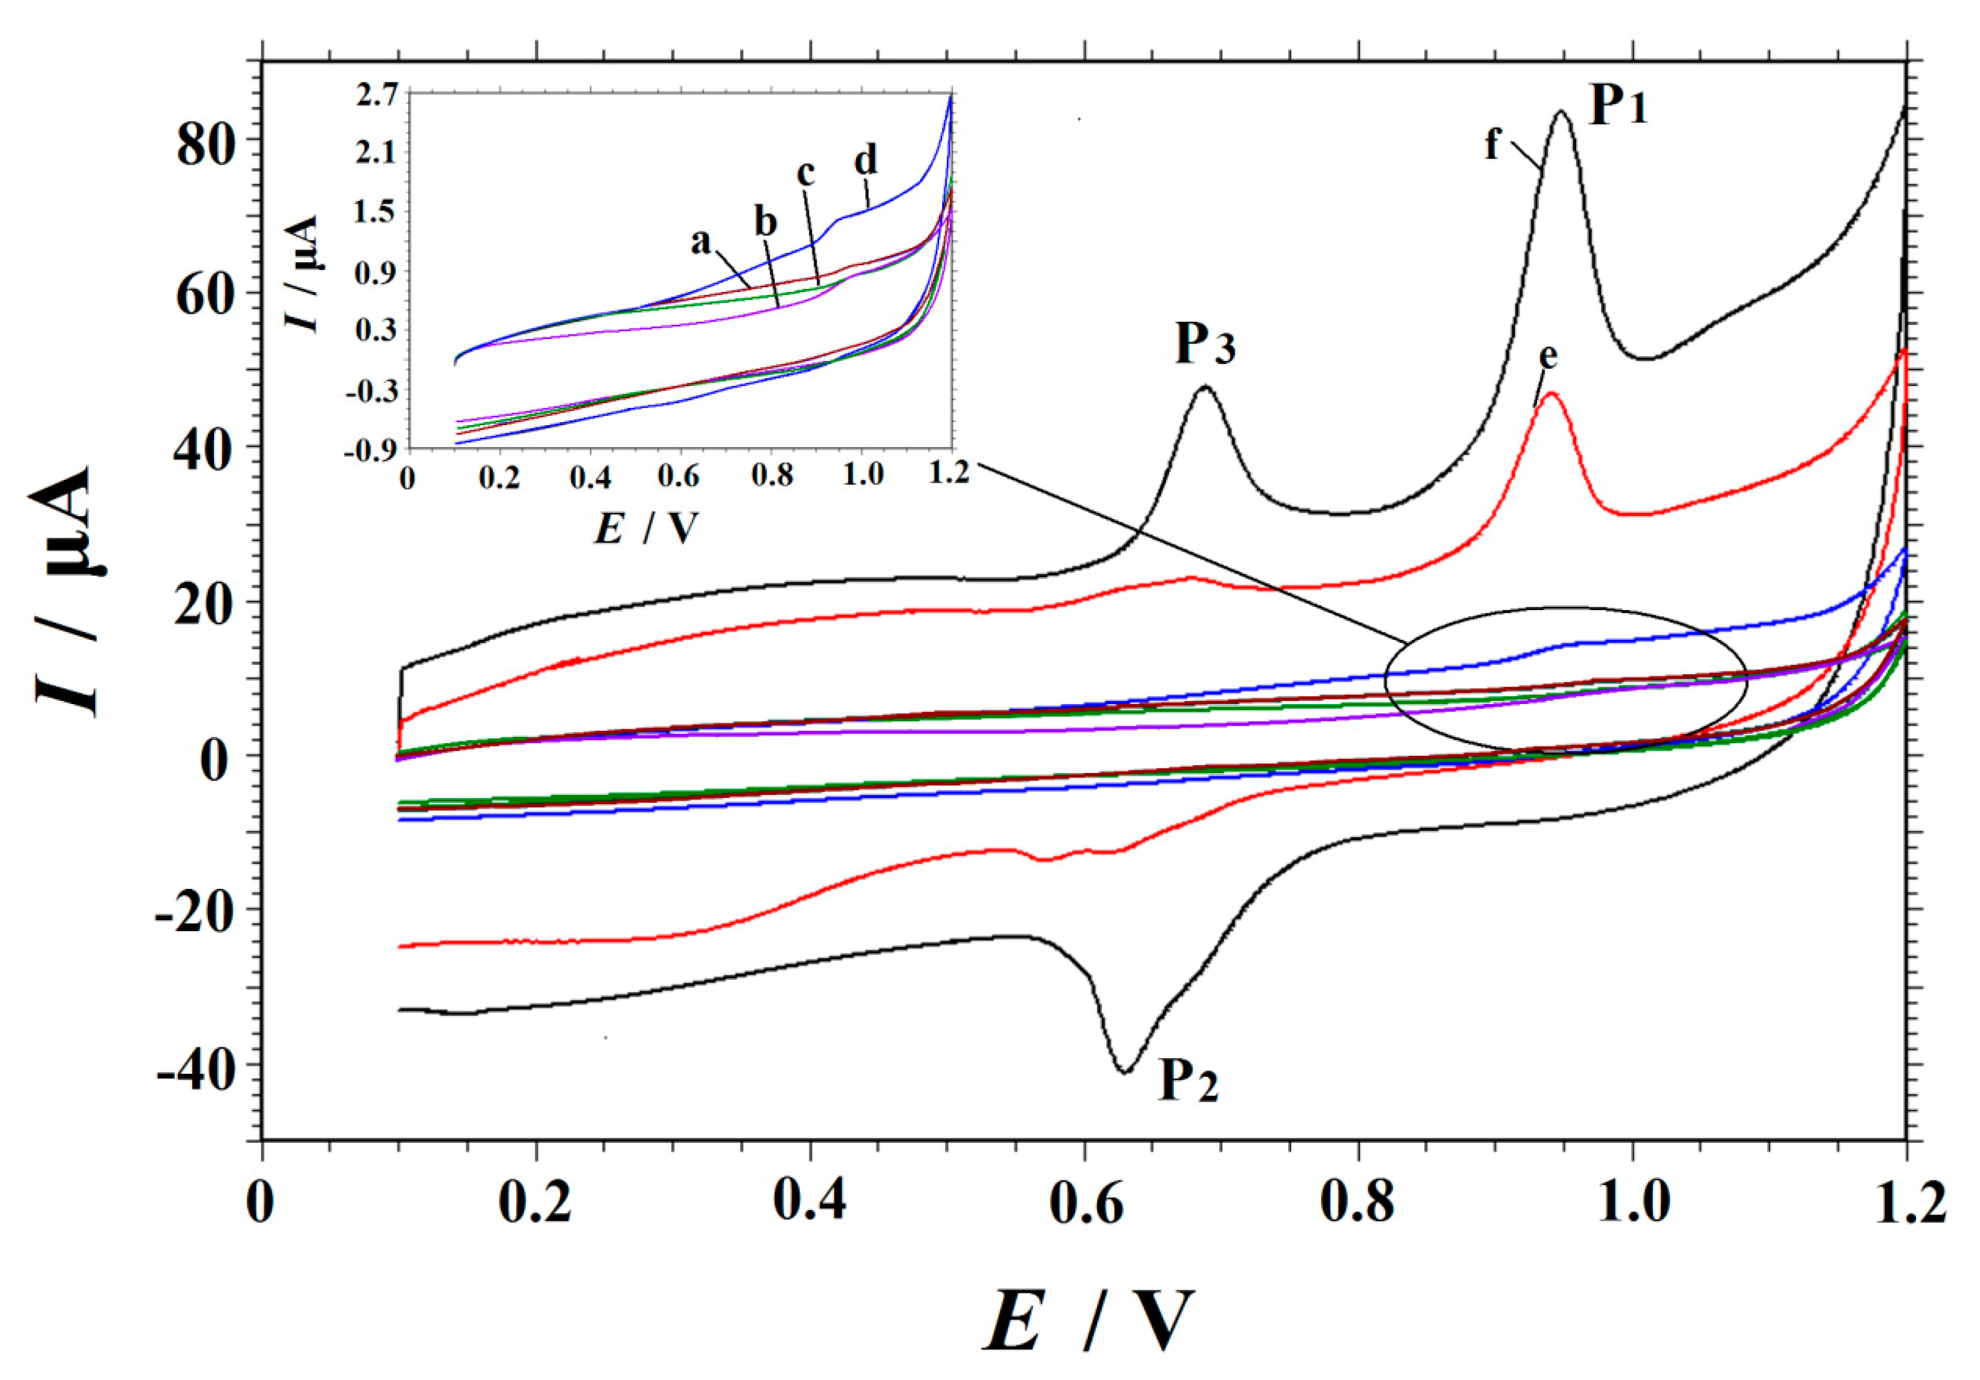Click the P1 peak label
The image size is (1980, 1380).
(x=1618, y=108)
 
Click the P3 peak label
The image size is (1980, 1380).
(x=1205, y=344)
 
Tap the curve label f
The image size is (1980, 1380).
(x=1493, y=143)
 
